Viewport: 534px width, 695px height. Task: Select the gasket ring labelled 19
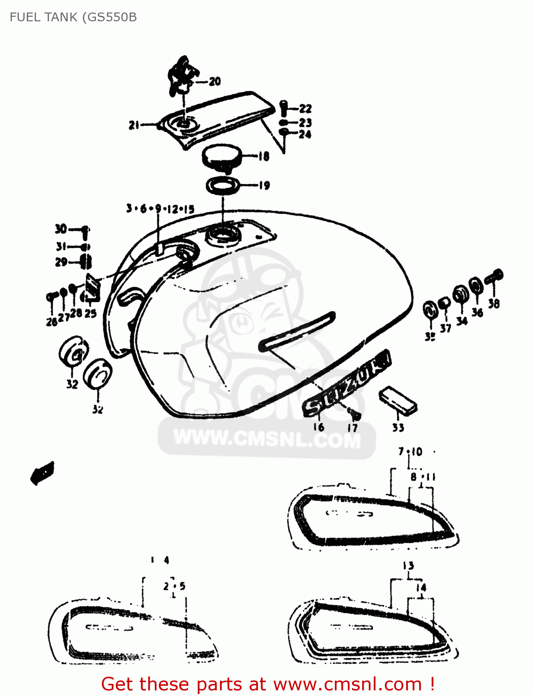pos(223,185)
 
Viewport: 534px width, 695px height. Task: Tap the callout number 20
pos(214,82)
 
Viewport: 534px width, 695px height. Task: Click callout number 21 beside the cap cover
pos(134,125)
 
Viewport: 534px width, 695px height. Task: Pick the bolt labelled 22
pos(284,108)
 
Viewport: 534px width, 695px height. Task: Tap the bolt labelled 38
pos(495,277)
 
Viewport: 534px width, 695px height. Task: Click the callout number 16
pos(319,427)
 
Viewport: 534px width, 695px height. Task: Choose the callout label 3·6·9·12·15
pos(160,209)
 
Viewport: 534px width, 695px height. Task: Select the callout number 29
pos(61,262)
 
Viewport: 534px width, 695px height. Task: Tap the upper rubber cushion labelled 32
pos(74,353)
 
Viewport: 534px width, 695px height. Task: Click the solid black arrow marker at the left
pos(43,473)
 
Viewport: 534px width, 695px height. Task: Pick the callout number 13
pos(408,566)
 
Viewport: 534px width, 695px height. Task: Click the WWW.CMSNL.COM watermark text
pos(267,438)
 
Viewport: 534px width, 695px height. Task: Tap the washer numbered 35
pos(430,309)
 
